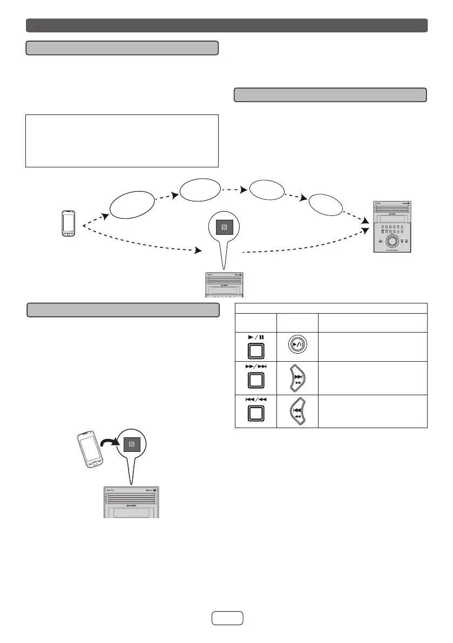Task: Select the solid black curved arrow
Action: point(111,434)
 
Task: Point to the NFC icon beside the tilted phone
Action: point(131,445)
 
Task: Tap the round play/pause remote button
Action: point(297,346)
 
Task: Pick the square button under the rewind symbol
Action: point(255,414)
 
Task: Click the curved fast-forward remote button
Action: point(297,378)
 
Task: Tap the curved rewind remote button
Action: point(297,410)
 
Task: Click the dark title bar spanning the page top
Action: point(227,25)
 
